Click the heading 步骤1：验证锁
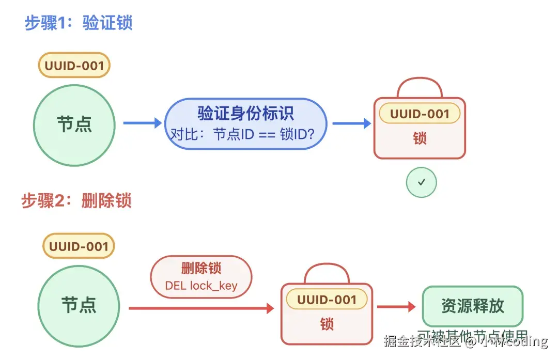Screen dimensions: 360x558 click(79, 23)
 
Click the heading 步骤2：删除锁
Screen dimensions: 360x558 click(76, 200)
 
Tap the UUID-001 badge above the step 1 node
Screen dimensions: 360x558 click(74, 66)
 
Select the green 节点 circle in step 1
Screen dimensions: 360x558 click(74, 126)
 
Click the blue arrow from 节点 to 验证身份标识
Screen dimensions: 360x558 click(142, 123)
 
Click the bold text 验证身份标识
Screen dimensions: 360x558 click(245, 113)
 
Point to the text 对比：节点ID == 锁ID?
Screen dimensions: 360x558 click(242, 135)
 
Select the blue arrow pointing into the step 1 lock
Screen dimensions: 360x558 click(351, 123)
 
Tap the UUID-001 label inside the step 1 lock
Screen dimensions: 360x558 click(420, 114)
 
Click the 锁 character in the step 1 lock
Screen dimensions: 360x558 click(420, 138)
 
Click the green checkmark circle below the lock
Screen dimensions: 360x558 click(421, 182)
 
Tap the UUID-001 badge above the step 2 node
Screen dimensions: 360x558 click(79, 246)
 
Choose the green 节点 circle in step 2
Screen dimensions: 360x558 click(79, 305)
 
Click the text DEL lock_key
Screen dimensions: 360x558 click(201, 285)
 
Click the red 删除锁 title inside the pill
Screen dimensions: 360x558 click(201, 268)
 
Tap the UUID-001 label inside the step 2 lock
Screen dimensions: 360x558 click(327, 300)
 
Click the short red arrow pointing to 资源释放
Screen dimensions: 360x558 click(396, 307)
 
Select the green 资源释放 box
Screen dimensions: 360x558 click(472, 306)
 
